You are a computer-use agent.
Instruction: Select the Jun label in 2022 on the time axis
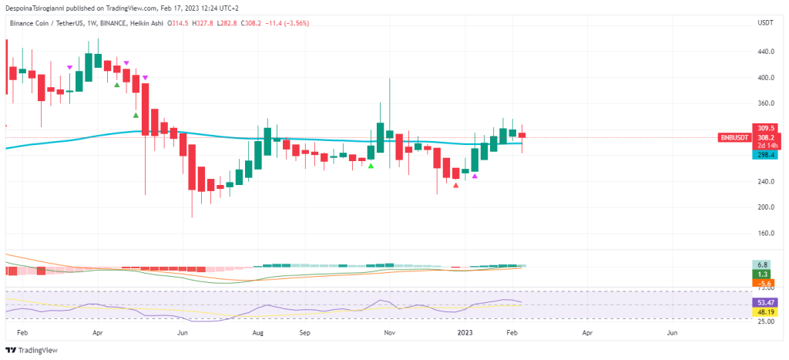pos(183,335)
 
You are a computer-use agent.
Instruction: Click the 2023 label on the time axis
pos(465,335)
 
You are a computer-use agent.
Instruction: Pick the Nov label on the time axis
pos(390,335)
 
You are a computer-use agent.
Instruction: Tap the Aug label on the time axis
pos(258,335)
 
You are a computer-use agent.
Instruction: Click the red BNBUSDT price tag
pos(733,137)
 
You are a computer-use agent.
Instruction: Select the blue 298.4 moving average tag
pos(765,154)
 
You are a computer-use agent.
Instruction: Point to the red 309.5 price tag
pos(765,128)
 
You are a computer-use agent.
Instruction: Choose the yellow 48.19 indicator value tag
pos(765,312)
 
